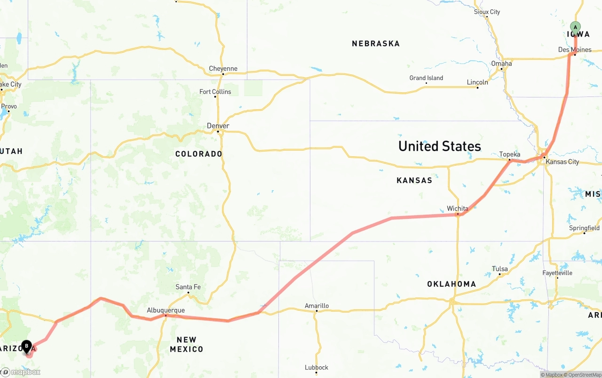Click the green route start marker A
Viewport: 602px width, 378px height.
click(x=575, y=27)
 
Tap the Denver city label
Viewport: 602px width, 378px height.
click(x=218, y=126)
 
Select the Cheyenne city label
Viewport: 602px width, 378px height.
click(x=223, y=69)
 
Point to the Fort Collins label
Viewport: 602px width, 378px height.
click(x=215, y=92)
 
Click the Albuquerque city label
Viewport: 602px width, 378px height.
click(x=166, y=310)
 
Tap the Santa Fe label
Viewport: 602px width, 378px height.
click(x=188, y=287)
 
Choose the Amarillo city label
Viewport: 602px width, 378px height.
click(x=317, y=306)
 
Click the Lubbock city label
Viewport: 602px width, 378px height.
click(x=316, y=367)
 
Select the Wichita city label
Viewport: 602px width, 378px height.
click(x=457, y=209)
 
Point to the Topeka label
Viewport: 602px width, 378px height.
click(x=510, y=154)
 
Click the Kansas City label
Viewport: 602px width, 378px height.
click(x=562, y=162)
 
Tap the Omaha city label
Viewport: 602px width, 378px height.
click(x=501, y=64)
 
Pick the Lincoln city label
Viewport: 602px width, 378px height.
click(x=477, y=82)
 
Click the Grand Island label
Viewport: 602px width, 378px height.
click(x=426, y=78)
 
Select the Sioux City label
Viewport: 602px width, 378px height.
click(x=487, y=12)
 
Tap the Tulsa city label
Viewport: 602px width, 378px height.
click(x=499, y=269)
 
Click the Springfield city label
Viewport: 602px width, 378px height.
click(x=584, y=228)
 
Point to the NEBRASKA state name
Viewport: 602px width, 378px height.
click(x=376, y=44)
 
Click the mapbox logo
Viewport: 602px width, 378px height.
click(x=21, y=372)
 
